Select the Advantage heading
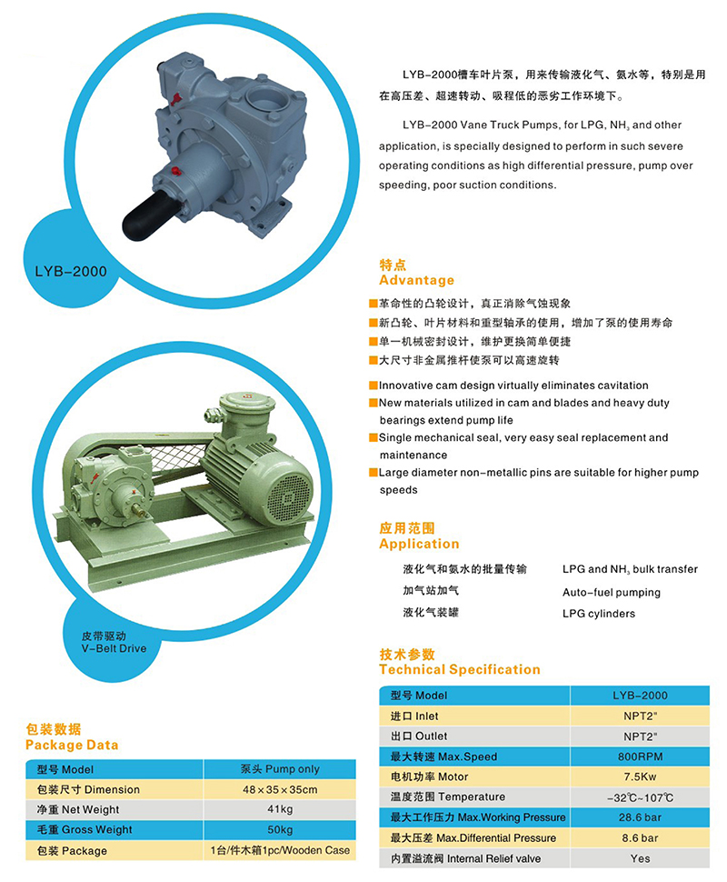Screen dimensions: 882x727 (416, 280)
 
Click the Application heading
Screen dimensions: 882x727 (419, 544)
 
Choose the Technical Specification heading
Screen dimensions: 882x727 (459, 669)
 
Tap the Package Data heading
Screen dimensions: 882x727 (72, 744)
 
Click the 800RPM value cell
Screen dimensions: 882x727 (640, 757)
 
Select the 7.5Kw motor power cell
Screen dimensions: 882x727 (640, 777)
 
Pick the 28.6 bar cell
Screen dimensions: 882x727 (640, 817)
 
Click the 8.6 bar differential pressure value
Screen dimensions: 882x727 (640, 837)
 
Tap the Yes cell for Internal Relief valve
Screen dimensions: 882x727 (640, 858)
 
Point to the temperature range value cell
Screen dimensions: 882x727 (640, 797)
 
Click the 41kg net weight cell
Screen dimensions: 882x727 (279, 809)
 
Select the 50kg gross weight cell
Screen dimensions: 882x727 (279, 829)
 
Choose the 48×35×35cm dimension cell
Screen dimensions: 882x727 (279, 789)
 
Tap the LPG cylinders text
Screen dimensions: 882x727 (598, 614)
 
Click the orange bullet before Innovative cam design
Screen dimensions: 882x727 (373, 386)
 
